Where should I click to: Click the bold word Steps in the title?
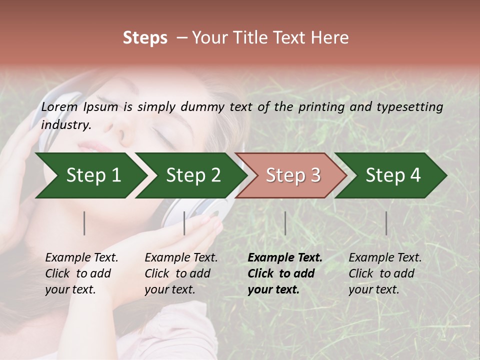tap(145, 38)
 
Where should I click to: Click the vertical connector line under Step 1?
tap(84, 223)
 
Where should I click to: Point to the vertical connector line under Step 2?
tap(184, 223)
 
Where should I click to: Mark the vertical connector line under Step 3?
tap(285, 223)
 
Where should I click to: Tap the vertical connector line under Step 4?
tap(386, 223)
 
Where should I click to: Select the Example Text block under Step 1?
tap(81, 273)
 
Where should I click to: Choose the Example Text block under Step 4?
tap(385, 273)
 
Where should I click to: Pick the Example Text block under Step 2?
tap(181, 273)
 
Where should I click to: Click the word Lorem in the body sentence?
tap(59, 107)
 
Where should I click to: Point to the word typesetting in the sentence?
tap(413, 107)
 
